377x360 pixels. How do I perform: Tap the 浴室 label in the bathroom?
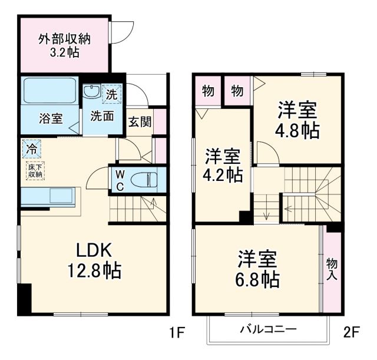(51, 117)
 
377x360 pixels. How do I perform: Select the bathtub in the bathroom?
(49, 90)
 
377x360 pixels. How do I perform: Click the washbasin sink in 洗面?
(92, 92)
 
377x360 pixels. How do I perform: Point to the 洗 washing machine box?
(112, 93)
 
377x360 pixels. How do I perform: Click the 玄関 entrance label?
(140, 123)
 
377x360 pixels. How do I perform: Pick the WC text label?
(119, 180)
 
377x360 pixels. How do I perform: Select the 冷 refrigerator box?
(32, 149)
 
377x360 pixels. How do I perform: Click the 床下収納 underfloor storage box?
(34, 170)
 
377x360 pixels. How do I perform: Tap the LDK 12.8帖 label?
(92, 260)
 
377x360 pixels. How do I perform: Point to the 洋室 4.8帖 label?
(298, 120)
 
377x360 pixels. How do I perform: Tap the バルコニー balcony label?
(267, 329)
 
